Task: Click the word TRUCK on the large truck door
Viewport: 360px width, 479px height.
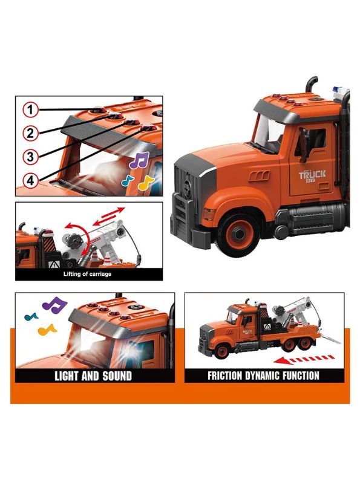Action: coord(312,175)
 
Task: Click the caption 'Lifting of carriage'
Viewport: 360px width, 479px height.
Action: coord(88,274)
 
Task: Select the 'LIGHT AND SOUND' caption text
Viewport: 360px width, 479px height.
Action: coord(93,376)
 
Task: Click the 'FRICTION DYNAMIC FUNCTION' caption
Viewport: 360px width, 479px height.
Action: coord(263,376)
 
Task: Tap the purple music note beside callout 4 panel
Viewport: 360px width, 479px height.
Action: coord(140,160)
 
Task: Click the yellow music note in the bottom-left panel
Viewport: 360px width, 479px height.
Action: coord(47,330)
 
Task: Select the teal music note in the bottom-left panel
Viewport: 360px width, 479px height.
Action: coord(30,315)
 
